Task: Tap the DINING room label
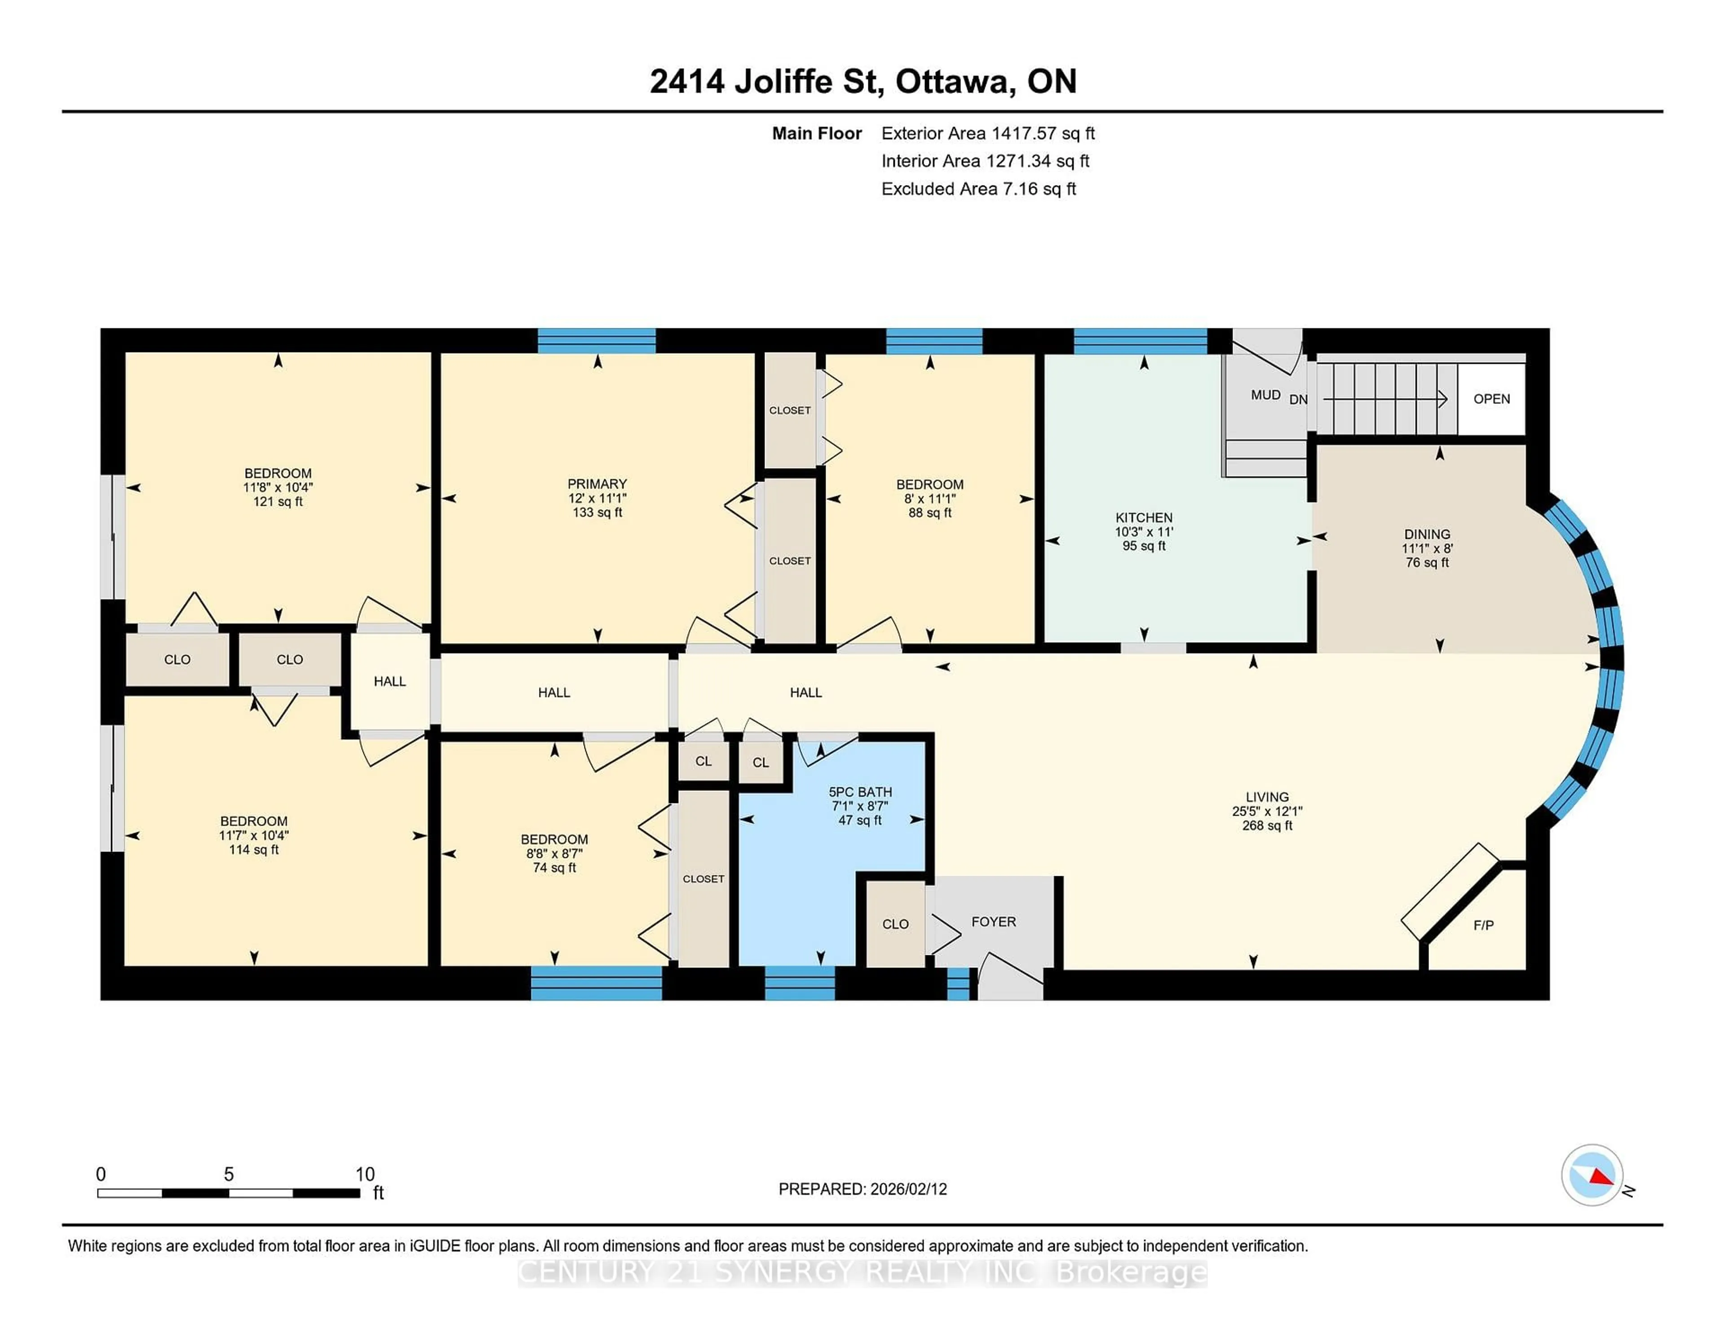(x=1426, y=534)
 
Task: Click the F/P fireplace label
(x=1482, y=925)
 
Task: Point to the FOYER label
(x=993, y=922)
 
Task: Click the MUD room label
(x=1265, y=395)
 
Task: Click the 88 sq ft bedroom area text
(x=929, y=512)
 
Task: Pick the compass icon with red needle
(x=1592, y=1174)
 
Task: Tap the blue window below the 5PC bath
(x=799, y=983)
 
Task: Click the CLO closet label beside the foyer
(x=895, y=924)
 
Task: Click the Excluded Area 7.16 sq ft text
(x=978, y=189)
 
